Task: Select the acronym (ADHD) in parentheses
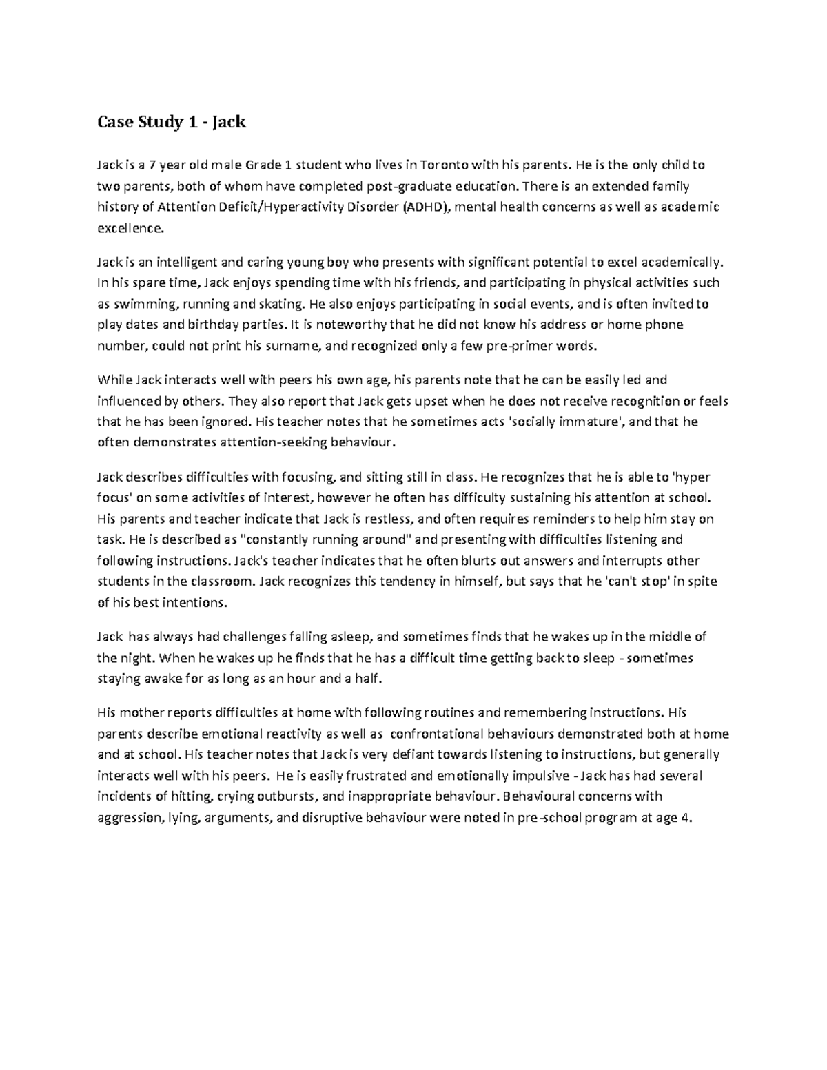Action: (426, 207)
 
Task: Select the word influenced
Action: (129, 401)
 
